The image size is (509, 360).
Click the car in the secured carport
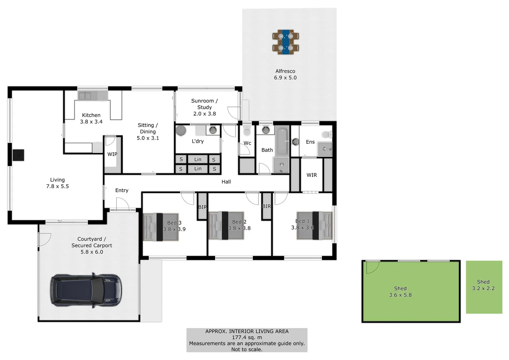pyautogui.click(x=86, y=290)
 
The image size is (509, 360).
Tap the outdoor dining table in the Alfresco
pyautogui.click(x=286, y=42)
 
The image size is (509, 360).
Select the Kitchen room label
pyautogui.click(x=91, y=115)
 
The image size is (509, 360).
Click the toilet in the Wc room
pyautogui.click(x=247, y=132)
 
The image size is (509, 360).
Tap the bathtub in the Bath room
pyautogui.click(x=282, y=141)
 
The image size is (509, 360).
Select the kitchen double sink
pyautogui.click(x=85, y=96)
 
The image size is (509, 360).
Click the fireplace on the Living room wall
pyautogui.click(x=18, y=155)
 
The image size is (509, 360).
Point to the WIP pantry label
pyautogui.click(x=112, y=154)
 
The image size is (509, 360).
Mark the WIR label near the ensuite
pyautogui.click(x=312, y=175)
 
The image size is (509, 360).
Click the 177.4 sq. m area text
pyautogui.click(x=247, y=337)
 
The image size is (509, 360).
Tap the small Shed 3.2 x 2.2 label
pyautogui.click(x=483, y=285)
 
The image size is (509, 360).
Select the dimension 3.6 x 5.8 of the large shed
pyautogui.click(x=400, y=295)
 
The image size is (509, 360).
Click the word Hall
pyautogui.click(x=226, y=182)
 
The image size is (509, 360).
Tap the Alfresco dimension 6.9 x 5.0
pyautogui.click(x=285, y=78)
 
